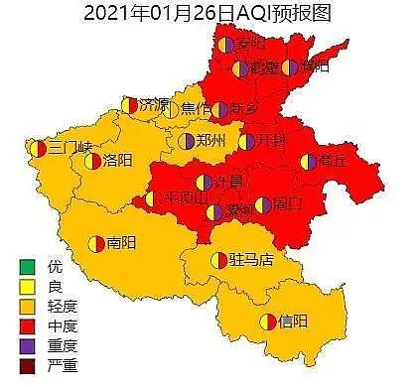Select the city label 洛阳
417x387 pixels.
[117, 160]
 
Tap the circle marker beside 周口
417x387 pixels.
[262, 205]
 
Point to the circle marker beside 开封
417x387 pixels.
[249, 141]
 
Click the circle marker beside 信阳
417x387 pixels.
[267, 321]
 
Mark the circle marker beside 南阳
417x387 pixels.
[96, 241]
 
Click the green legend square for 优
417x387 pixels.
[26, 267]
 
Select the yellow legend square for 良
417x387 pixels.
[26, 286]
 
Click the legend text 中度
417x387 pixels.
[62, 324]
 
